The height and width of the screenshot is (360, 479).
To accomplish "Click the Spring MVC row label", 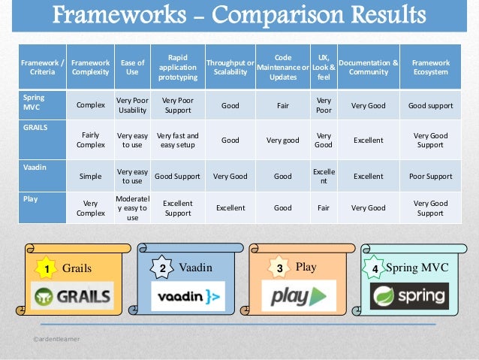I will [x=34, y=102].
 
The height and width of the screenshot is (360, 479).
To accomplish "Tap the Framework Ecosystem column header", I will [x=430, y=68].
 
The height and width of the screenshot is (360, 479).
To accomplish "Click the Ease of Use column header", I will [x=131, y=68].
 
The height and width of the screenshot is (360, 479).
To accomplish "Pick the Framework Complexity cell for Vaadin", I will [x=90, y=176].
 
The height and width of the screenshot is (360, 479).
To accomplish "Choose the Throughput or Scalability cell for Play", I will [x=230, y=208].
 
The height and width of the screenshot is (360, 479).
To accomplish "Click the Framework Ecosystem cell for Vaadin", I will [x=430, y=176].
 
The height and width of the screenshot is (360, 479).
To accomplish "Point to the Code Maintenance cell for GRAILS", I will [x=282, y=140].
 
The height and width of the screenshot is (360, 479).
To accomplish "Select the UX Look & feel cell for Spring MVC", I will [x=324, y=105].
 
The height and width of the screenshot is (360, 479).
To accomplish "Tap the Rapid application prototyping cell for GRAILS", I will [x=177, y=140].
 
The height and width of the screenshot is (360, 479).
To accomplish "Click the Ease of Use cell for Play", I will [x=131, y=208].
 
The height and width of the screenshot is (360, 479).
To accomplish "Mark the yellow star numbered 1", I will [x=47, y=268].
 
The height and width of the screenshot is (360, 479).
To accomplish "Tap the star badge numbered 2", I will [x=162, y=268].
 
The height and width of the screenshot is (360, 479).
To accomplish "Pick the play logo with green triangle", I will [x=298, y=295].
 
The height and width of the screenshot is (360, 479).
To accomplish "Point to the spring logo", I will [x=409, y=296].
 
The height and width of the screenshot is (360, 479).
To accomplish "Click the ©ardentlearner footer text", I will [x=56, y=340].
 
